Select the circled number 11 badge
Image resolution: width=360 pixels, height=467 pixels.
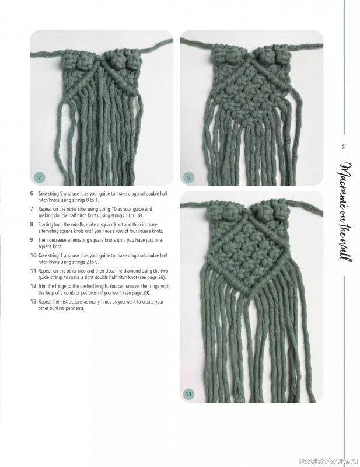pos(188,395)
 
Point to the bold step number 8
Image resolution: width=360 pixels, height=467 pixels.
pos(32,224)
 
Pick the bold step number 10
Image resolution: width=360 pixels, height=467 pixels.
pos(33,255)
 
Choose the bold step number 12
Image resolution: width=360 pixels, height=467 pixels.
pos(33,286)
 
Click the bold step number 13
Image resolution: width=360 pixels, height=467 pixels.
pos(33,301)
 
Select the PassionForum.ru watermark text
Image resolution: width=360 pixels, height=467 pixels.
pos(328,459)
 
